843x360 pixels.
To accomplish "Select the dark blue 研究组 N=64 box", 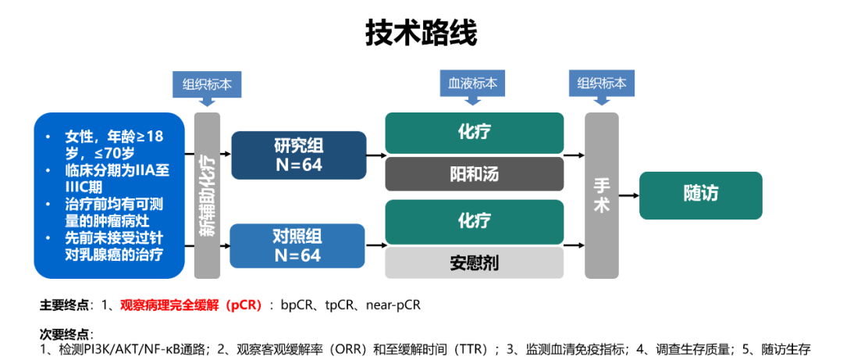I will click(x=298, y=155).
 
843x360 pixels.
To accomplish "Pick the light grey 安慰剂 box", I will click(x=474, y=263).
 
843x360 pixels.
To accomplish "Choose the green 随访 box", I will click(x=700, y=194).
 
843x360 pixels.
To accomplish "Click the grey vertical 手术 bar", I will click(x=601, y=195).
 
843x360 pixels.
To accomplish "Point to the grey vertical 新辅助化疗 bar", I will click(x=207, y=195).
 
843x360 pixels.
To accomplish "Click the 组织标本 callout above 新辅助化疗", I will click(x=207, y=84).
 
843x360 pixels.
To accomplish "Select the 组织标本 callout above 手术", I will click(x=601, y=84).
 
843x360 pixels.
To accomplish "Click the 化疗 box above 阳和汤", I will click(x=474, y=133).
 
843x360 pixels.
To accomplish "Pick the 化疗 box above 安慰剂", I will click(x=474, y=221).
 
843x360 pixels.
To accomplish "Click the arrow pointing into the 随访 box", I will click(x=628, y=195).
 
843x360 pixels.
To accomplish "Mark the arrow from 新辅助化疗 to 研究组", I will click(x=226, y=155).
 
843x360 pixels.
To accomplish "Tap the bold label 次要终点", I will click(x=64, y=334).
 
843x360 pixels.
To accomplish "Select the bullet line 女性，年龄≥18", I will click(x=114, y=137).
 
